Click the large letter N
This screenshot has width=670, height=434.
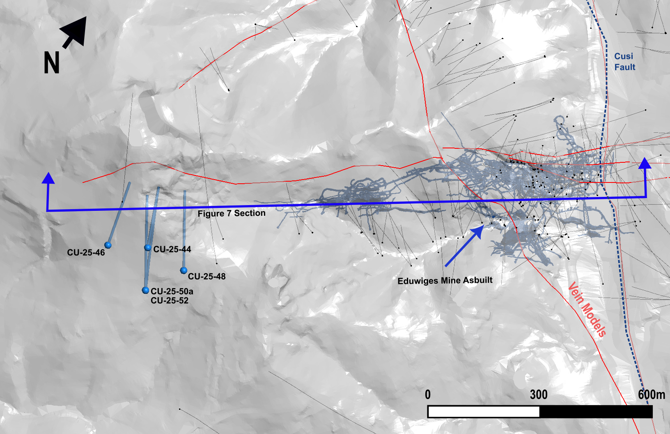pos(52,63)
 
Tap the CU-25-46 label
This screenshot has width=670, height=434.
pos(86,253)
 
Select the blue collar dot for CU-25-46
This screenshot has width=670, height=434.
pos(108,245)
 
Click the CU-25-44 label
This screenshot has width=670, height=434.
pos(172,249)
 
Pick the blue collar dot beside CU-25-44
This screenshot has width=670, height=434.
pos(148,248)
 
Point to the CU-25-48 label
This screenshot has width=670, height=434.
pos(207,276)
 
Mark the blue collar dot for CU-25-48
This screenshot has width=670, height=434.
pos(184,270)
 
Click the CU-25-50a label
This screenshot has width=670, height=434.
pos(172,291)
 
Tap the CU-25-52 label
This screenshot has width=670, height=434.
pos(169,301)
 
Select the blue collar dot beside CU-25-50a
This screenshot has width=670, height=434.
pos(145,291)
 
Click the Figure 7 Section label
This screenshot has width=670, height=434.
pos(231,213)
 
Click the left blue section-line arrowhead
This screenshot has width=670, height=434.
pos(48,178)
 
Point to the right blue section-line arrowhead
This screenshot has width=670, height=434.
pos(645,163)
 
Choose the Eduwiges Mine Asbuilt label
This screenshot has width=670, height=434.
pos(445,281)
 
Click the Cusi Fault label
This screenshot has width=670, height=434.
pos(624,62)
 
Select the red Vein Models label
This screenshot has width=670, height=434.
pos(587,309)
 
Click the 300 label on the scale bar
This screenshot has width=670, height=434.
pos(538,395)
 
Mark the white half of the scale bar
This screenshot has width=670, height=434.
pos(483,412)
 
